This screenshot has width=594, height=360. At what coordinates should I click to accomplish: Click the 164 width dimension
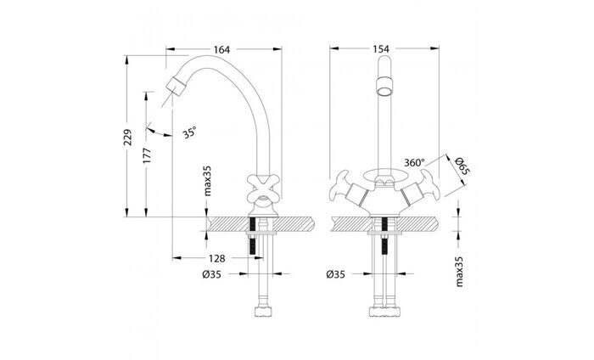coord(222,50)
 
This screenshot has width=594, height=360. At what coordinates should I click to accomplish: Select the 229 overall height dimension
coord(128,138)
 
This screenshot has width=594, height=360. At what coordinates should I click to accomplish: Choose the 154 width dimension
coord(381,50)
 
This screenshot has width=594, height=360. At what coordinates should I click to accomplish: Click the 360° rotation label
coord(416,162)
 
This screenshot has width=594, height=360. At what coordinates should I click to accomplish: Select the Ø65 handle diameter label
coord(462,166)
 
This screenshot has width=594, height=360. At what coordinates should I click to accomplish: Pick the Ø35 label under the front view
coord(336,275)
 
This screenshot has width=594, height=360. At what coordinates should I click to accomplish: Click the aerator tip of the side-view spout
coord(176,86)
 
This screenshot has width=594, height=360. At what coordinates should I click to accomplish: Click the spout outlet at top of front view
coord(384,85)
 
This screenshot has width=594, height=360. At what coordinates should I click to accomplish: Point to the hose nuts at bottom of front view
coord(384,313)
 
